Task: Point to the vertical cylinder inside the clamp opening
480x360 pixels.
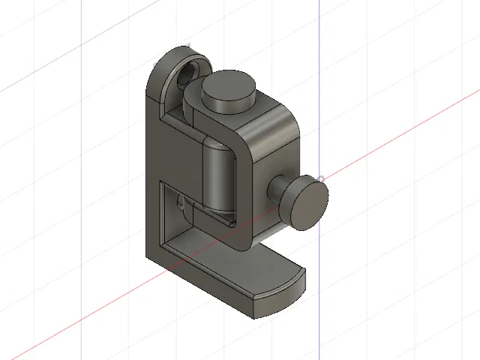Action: [x=220, y=176]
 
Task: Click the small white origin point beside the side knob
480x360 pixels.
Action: [x=321, y=178]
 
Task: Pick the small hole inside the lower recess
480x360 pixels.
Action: [x=181, y=201]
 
